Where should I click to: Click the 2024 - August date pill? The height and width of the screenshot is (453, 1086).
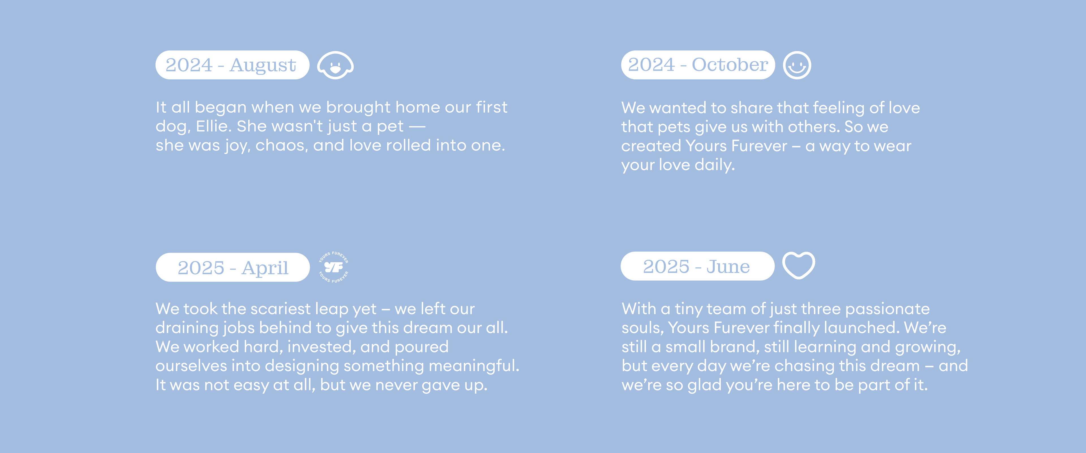[x=232, y=65]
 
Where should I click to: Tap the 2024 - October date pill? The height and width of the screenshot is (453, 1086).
[x=698, y=65]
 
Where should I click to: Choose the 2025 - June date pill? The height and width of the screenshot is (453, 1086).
[x=697, y=266]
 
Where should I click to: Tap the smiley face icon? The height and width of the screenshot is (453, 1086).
[x=797, y=65]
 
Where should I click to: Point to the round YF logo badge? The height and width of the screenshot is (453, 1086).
[x=333, y=267]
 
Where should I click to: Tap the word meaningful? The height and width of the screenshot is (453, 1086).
[x=474, y=366]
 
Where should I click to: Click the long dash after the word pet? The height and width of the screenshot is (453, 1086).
[x=417, y=126]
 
